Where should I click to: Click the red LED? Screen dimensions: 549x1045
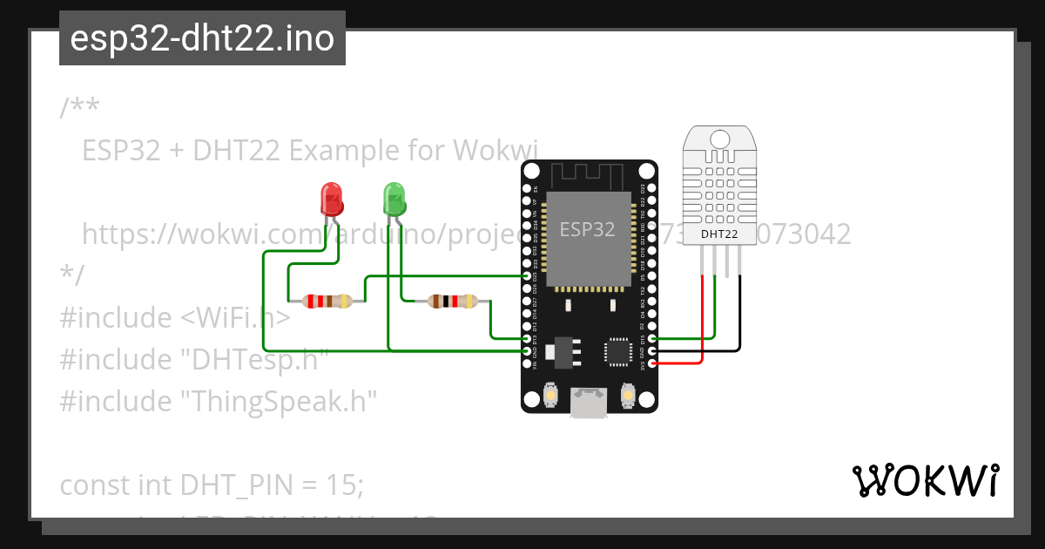(x=332, y=200)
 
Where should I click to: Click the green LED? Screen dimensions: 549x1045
(x=394, y=200)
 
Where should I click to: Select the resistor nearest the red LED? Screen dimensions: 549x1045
(x=327, y=302)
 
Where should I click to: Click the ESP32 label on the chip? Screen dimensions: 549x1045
(x=587, y=230)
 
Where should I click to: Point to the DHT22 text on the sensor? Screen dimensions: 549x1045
(x=720, y=234)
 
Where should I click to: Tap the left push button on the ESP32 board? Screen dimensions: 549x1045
(x=550, y=396)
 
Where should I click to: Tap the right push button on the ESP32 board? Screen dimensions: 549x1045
(x=627, y=396)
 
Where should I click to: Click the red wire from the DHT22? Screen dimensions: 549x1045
(x=703, y=322)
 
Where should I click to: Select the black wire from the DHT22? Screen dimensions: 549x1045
(x=739, y=314)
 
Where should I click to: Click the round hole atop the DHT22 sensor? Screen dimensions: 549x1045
(x=720, y=139)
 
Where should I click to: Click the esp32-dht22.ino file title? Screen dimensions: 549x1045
(x=202, y=38)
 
